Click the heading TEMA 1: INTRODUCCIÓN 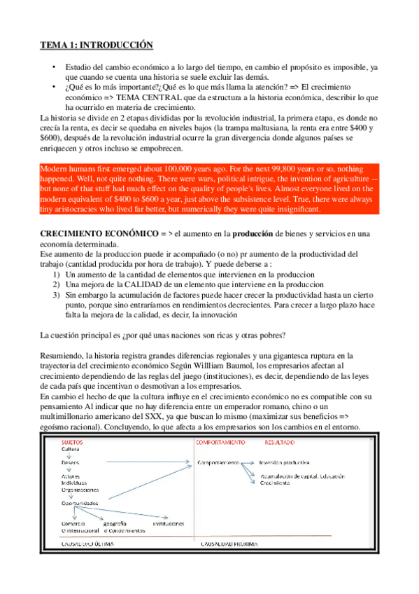click(x=95, y=45)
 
